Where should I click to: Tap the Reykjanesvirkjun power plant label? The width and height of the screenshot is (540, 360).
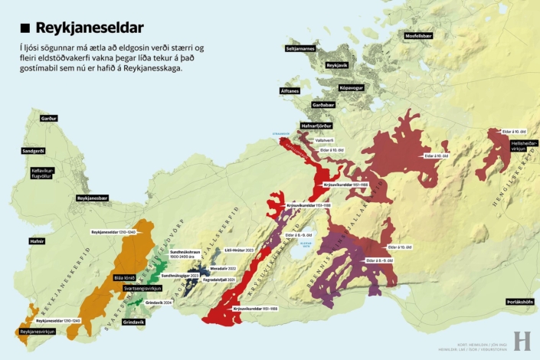(x=35, y=332)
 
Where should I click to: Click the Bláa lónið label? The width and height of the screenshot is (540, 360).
(x=123, y=277)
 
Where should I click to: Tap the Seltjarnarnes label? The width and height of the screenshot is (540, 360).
(x=300, y=47)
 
